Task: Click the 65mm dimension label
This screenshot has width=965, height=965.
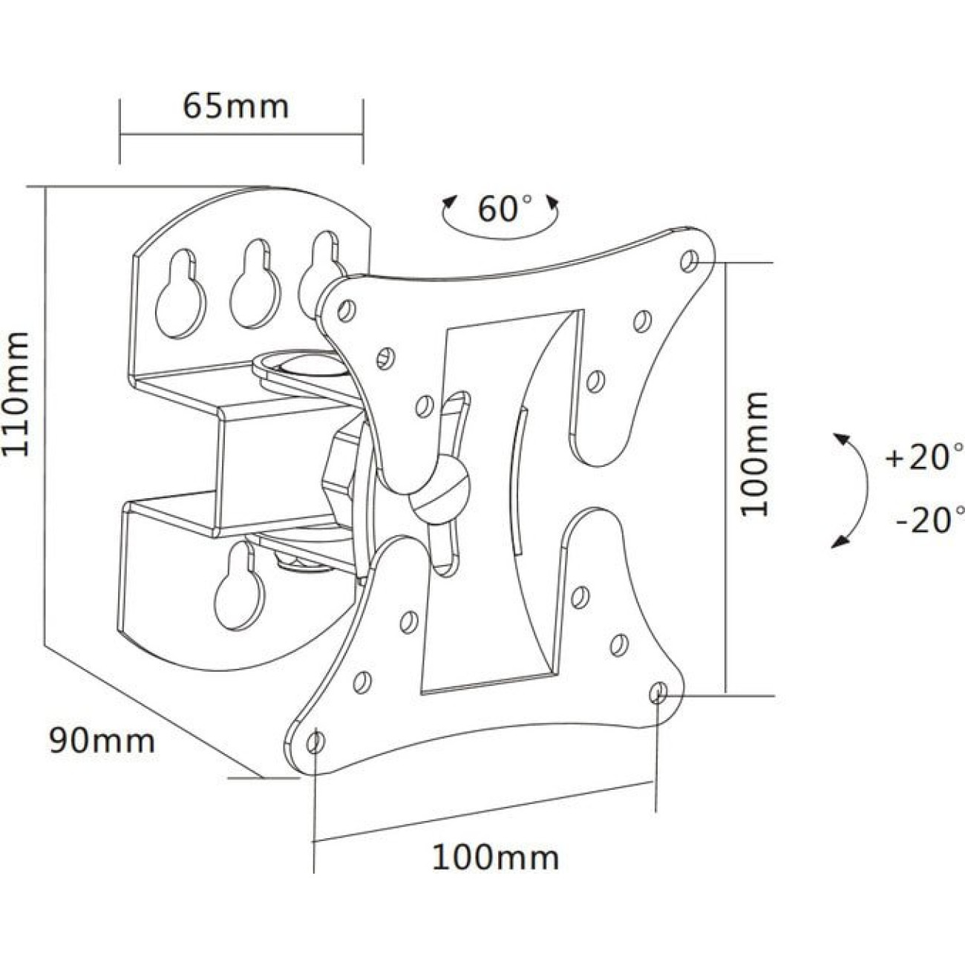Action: tap(235, 105)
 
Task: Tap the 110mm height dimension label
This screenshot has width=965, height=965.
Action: tap(17, 394)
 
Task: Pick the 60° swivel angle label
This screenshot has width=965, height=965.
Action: tap(504, 209)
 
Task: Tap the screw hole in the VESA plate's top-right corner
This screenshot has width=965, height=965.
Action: tap(690, 261)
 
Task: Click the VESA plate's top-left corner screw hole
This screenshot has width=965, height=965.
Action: tap(345, 310)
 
